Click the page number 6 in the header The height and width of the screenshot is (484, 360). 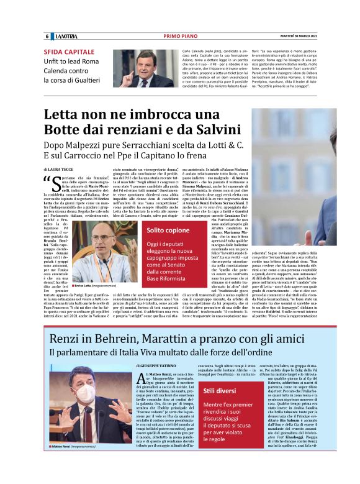pyautogui.click(x=47, y=36)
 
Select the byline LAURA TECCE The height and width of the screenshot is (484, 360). pyautogui.click(x=63, y=169)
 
